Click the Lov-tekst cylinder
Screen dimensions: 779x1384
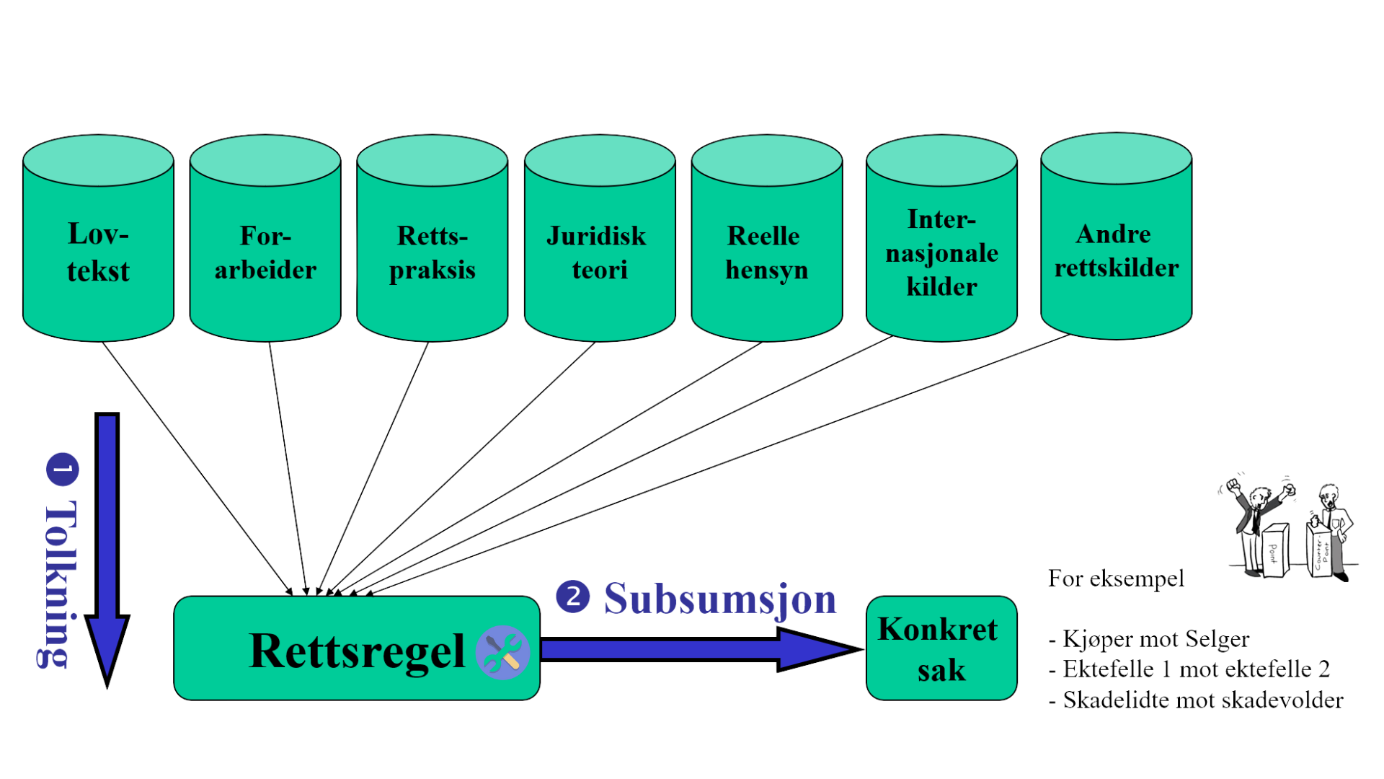coord(98,252)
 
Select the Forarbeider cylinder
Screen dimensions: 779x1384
coord(265,252)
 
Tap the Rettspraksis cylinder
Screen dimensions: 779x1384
coord(432,252)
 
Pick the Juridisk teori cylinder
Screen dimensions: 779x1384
coord(600,252)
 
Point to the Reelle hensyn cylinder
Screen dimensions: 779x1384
coord(767,252)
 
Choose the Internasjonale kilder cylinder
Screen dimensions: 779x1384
coord(941,252)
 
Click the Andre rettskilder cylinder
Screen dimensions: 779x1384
coord(1116,250)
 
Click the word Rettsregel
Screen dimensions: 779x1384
coord(356,651)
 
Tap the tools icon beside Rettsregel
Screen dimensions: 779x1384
coord(502,652)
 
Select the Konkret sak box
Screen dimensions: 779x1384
coord(941,648)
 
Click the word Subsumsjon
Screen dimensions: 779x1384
coord(719,599)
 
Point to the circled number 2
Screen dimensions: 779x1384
coord(572,597)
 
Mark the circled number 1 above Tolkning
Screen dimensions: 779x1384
coord(63,469)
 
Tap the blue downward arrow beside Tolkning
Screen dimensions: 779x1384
coord(107,548)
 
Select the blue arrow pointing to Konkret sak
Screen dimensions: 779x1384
coord(699,649)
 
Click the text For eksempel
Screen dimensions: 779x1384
coord(1116,578)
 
